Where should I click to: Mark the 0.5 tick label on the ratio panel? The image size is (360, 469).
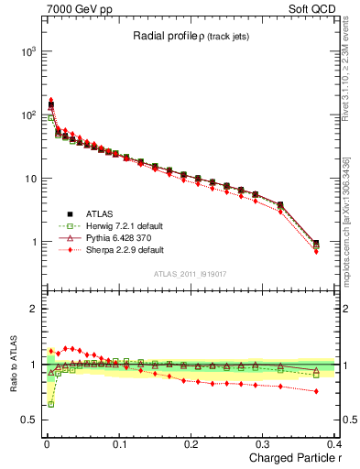coord(28,420)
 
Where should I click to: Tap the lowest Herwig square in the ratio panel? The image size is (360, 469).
coord(50,403)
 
